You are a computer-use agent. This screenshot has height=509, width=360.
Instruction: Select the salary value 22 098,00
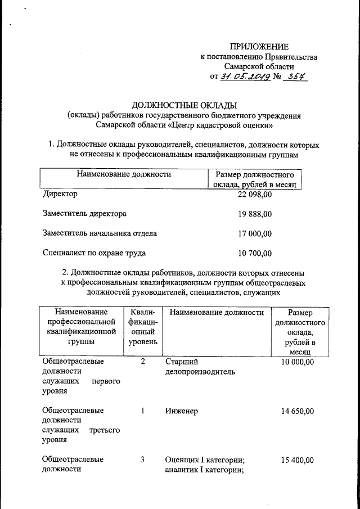tap(255, 194)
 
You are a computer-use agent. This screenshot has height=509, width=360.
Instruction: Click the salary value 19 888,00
tap(255, 214)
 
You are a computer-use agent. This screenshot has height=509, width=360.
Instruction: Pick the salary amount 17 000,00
tap(255, 233)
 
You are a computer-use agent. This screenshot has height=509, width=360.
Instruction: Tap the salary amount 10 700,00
tap(255, 253)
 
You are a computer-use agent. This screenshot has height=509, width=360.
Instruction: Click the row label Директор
tap(60, 194)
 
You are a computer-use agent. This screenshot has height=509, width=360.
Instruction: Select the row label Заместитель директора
tap(84, 214)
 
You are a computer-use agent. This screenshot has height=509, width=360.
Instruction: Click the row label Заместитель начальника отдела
tap(100, 233)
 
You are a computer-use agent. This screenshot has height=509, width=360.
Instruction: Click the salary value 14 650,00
tap(297, 411)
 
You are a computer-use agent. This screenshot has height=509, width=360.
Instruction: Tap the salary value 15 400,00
tap(297, 461)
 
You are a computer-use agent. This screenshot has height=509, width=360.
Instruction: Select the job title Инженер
tap(181, 411)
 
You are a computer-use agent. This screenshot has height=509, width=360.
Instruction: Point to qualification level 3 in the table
tap(143, 461)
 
